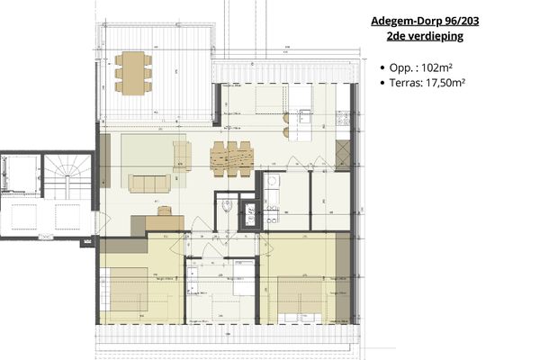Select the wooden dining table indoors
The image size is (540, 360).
[232, 158]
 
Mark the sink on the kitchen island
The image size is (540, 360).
[305, 114]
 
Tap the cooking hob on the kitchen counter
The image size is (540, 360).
[341, 116]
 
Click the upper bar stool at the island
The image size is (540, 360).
[286, 117]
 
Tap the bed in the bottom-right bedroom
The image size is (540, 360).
[301, 296]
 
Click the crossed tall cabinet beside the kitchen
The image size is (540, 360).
[341, 154]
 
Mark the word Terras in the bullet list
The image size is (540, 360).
[402, 82]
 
